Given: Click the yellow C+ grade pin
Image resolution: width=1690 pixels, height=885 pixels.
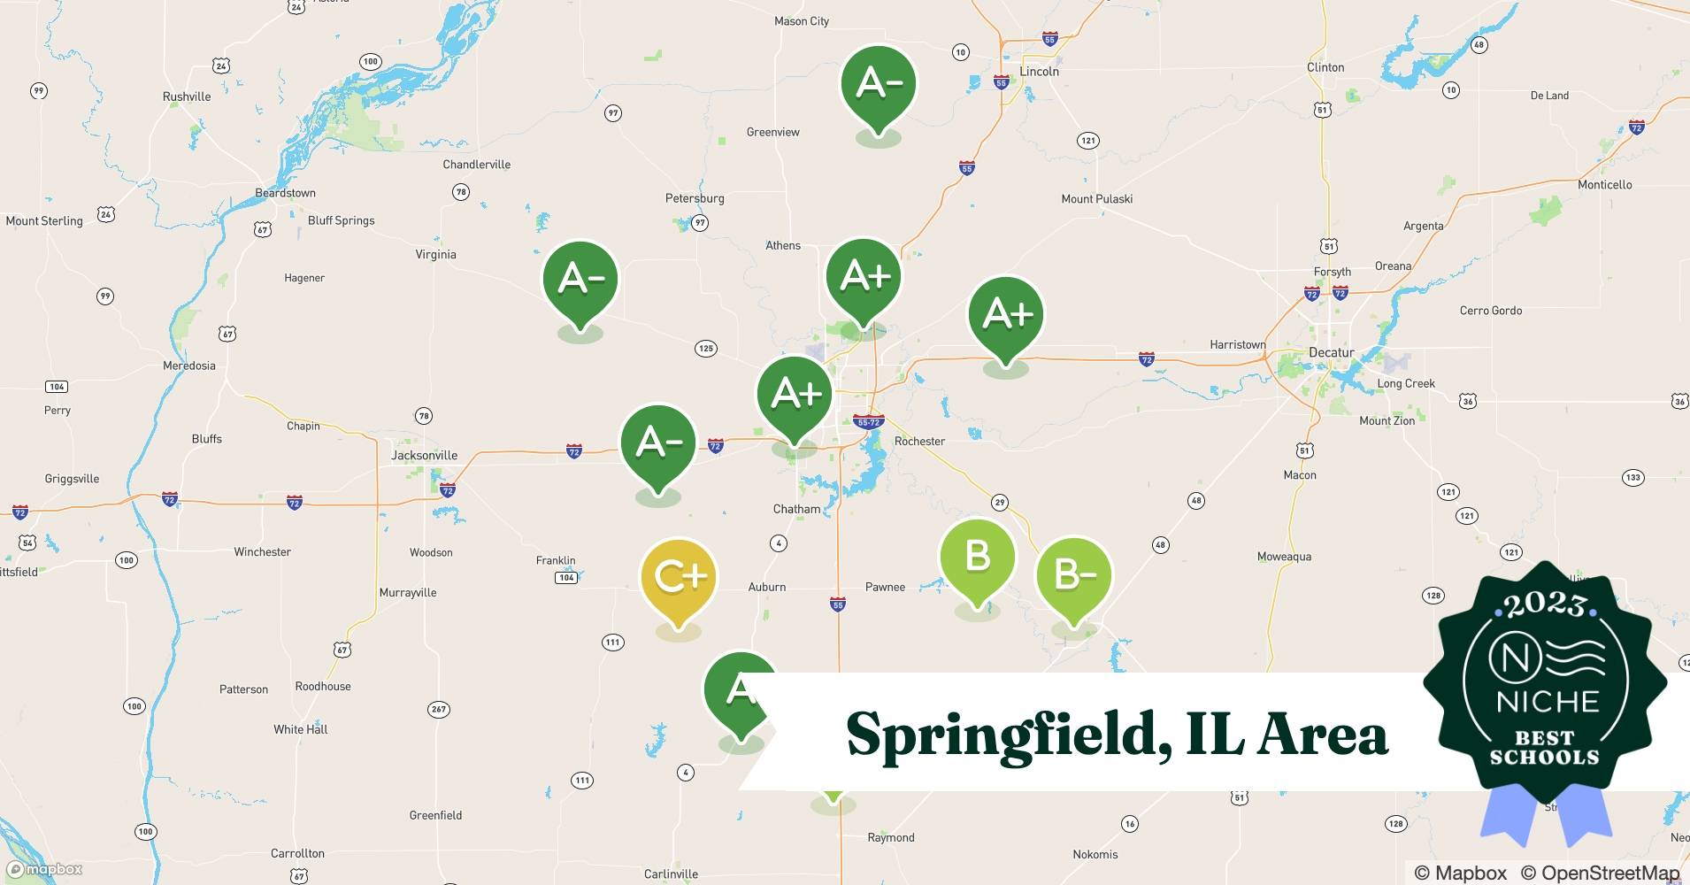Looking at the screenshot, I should coord(679,577).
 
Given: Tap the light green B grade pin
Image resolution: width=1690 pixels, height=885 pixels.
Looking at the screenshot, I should coord(977,557).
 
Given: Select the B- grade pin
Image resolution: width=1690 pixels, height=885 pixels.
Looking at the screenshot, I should coord(1073,575).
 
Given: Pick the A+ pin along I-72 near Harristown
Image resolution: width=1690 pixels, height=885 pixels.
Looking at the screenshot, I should coord(1006,314).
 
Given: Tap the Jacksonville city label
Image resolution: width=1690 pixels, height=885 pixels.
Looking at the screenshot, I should coord(425,456).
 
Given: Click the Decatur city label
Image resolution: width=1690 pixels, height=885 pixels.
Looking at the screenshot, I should coord(1331,353).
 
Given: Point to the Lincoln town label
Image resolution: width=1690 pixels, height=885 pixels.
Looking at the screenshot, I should coord(1039,72).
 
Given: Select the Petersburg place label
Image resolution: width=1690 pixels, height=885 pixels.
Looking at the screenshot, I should coord(695,199).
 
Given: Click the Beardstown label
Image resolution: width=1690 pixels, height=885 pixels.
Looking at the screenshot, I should coord(285,193).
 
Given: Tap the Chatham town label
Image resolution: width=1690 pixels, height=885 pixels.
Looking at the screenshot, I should coord(796,510).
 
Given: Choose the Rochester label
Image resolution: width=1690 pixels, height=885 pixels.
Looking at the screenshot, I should coord(919,442).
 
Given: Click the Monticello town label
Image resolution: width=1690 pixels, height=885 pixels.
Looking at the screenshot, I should coord(1604,185).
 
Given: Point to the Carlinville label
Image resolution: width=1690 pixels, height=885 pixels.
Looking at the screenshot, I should coord(671,874).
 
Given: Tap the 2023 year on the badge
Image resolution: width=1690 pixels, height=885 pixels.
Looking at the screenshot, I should coord(1544,605).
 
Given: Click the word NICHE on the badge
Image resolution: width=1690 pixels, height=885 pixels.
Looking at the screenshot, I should coord(1548,703).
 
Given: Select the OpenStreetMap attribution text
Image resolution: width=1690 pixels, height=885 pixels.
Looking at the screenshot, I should coord(1600,873).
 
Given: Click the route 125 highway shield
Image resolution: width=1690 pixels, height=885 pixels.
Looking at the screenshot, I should coord(705,349).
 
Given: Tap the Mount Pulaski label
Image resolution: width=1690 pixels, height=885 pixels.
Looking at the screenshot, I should coord(1096,199).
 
